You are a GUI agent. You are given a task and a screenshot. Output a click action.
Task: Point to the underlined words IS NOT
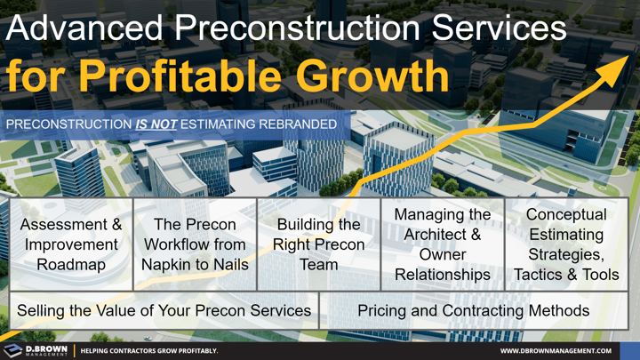pos(156,124)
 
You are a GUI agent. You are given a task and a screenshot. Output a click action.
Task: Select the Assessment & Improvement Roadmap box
pos(71,244)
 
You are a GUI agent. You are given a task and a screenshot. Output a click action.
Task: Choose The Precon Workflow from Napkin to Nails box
pos(195,244)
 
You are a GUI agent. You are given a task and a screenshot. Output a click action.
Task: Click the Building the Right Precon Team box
pos(318,244)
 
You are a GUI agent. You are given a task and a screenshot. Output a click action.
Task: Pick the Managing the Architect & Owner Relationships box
pos(443,244)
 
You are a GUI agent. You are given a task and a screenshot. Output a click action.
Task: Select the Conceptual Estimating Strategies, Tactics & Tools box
pos(566,244)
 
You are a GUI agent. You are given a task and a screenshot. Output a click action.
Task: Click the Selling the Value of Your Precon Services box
pos(164,310)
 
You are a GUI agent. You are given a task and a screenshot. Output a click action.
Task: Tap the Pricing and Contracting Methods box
pos(473,310)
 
